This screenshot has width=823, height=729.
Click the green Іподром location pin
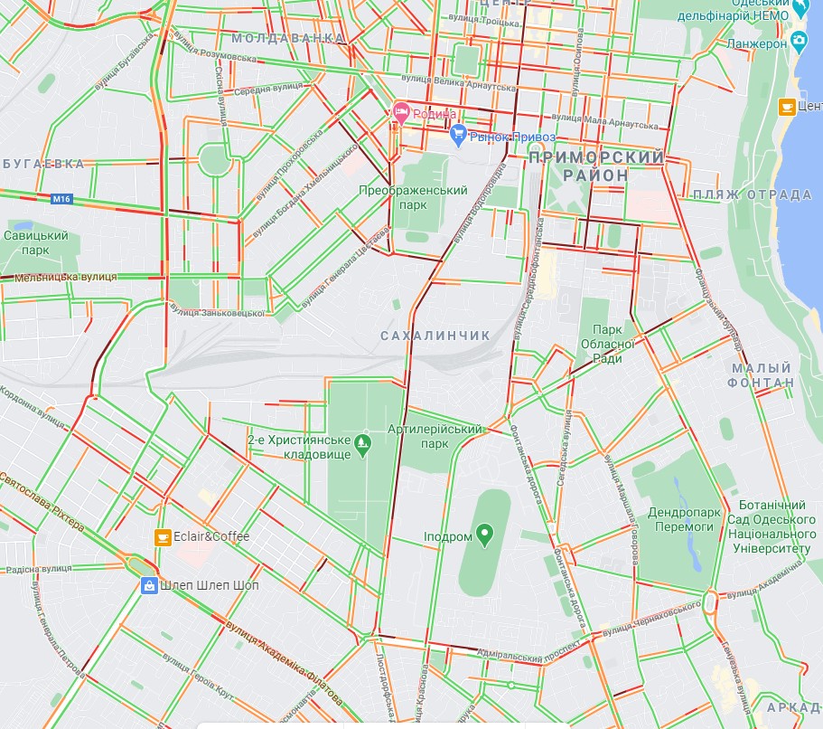[x=485, y=535]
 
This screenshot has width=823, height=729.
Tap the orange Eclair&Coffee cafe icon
[x=163, y=536]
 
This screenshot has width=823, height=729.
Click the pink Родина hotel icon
[x=402, y=114]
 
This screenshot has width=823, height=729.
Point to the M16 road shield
[x=61, y=198]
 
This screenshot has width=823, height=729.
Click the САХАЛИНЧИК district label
[x=435, y=336]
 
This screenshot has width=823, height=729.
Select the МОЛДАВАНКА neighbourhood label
[x=288, y=38]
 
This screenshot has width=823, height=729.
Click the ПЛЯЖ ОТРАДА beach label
[x=753, y=194]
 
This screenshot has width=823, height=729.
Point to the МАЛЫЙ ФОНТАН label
[x=762, y=375]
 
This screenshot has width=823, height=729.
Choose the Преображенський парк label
[x=413, y=197]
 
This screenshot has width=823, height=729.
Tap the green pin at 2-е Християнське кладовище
[x=362, y=442]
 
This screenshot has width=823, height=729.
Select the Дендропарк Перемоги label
[x=684, y=519]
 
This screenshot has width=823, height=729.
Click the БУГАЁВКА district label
[x=43, y=164]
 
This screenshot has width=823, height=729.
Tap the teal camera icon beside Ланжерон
[x=799, y=42]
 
